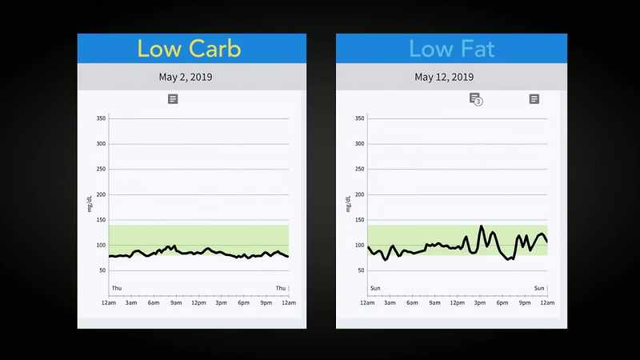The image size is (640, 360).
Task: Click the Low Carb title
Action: [189, 49]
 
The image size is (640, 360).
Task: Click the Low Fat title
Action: [452, 49]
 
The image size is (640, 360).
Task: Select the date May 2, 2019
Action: [186, 77]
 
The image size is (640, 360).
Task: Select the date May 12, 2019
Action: [444, 77]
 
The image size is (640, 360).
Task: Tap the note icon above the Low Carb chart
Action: [173, 98]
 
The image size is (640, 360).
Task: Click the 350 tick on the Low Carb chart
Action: [101, 118]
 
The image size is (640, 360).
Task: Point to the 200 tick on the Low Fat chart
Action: [359, 194]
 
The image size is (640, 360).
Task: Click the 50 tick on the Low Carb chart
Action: [102, 270]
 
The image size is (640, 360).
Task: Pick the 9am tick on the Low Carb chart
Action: [176, 303]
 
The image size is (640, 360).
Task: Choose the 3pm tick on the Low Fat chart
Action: [479, 303]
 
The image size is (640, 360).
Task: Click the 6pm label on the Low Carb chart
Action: [244, 303]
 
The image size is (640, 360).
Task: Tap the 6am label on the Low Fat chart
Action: [412, 303]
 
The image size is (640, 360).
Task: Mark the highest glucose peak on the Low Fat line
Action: [482, 226]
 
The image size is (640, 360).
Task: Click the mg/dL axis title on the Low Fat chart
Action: [348, 204]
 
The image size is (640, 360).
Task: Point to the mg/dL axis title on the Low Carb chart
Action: [90, 204]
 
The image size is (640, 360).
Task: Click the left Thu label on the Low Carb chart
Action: [117, 288]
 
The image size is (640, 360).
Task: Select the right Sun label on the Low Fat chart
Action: [539, 288]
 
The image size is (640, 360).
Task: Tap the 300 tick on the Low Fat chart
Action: [359, 144]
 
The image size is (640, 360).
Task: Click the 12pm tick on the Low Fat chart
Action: [457, 303]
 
